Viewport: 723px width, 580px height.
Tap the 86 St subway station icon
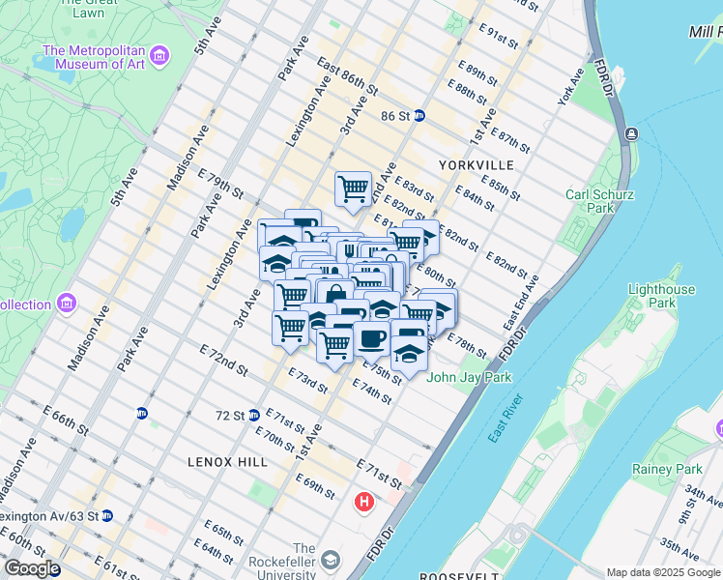[419, 115]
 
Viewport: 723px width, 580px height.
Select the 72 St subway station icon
[253, 416]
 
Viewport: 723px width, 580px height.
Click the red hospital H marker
[364, 503]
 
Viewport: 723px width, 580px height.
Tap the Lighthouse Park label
[661, 297]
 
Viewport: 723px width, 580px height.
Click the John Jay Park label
[469, 377]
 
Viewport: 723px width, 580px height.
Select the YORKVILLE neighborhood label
[476, 165]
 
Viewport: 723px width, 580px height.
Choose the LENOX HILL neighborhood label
[228, 462]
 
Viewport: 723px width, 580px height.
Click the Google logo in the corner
[32, 569]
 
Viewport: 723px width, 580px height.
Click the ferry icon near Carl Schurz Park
[630, 133]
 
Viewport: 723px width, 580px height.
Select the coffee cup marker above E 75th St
[372, 340]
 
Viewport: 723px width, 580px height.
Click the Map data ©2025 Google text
[662, 572]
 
